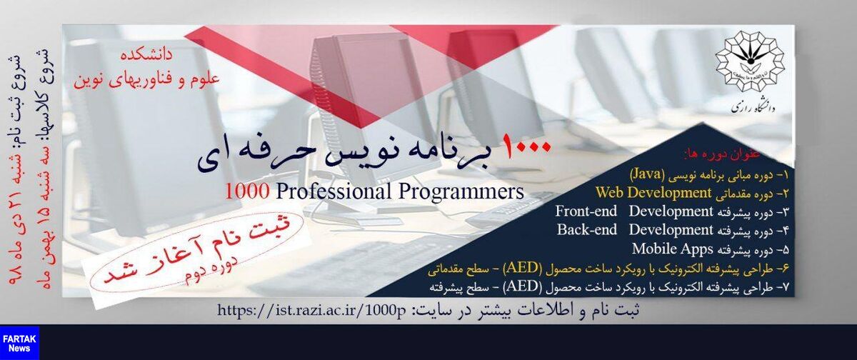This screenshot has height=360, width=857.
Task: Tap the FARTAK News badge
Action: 19,343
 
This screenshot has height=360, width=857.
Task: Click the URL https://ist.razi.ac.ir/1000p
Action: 311,310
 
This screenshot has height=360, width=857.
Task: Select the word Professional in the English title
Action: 332,191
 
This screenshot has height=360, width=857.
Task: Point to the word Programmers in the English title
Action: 461,191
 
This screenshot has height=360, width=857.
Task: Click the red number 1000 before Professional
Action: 247,191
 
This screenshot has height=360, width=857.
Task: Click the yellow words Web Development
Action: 653,192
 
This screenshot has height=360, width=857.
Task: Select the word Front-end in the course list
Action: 586,211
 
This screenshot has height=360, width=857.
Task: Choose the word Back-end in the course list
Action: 587,229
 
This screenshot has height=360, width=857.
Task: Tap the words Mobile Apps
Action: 672,249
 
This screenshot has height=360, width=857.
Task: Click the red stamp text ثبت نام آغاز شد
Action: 198,251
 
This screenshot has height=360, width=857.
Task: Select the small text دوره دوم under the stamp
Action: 211,270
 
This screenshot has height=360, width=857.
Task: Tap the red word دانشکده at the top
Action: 147,56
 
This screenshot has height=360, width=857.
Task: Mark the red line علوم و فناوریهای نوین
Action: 147,81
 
